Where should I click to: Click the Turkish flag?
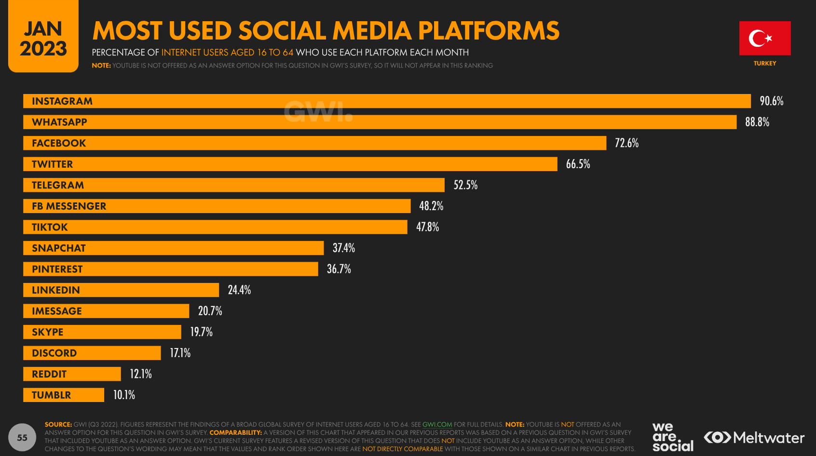pos(765,38)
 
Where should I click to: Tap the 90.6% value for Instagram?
pos(771,101)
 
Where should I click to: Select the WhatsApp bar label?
pos(59,122)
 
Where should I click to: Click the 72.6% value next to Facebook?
pos(626,143)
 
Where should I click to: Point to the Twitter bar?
pos(290,164)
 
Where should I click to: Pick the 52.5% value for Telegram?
pos(465,185)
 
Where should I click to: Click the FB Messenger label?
pos(69,206)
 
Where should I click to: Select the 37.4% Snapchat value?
pos(344,248)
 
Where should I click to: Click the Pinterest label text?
pos(57,269)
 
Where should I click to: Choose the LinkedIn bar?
pos(121,290)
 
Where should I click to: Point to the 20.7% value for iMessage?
pos(210,311)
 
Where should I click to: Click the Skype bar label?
pos(48,332)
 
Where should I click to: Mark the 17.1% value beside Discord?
pos(180,353)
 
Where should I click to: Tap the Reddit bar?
pos(72,374)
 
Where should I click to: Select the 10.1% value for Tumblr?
pos(124,395)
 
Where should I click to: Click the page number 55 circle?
pos(22,438)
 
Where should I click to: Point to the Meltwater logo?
pos(754,438)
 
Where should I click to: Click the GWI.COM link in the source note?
pos(437,425)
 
